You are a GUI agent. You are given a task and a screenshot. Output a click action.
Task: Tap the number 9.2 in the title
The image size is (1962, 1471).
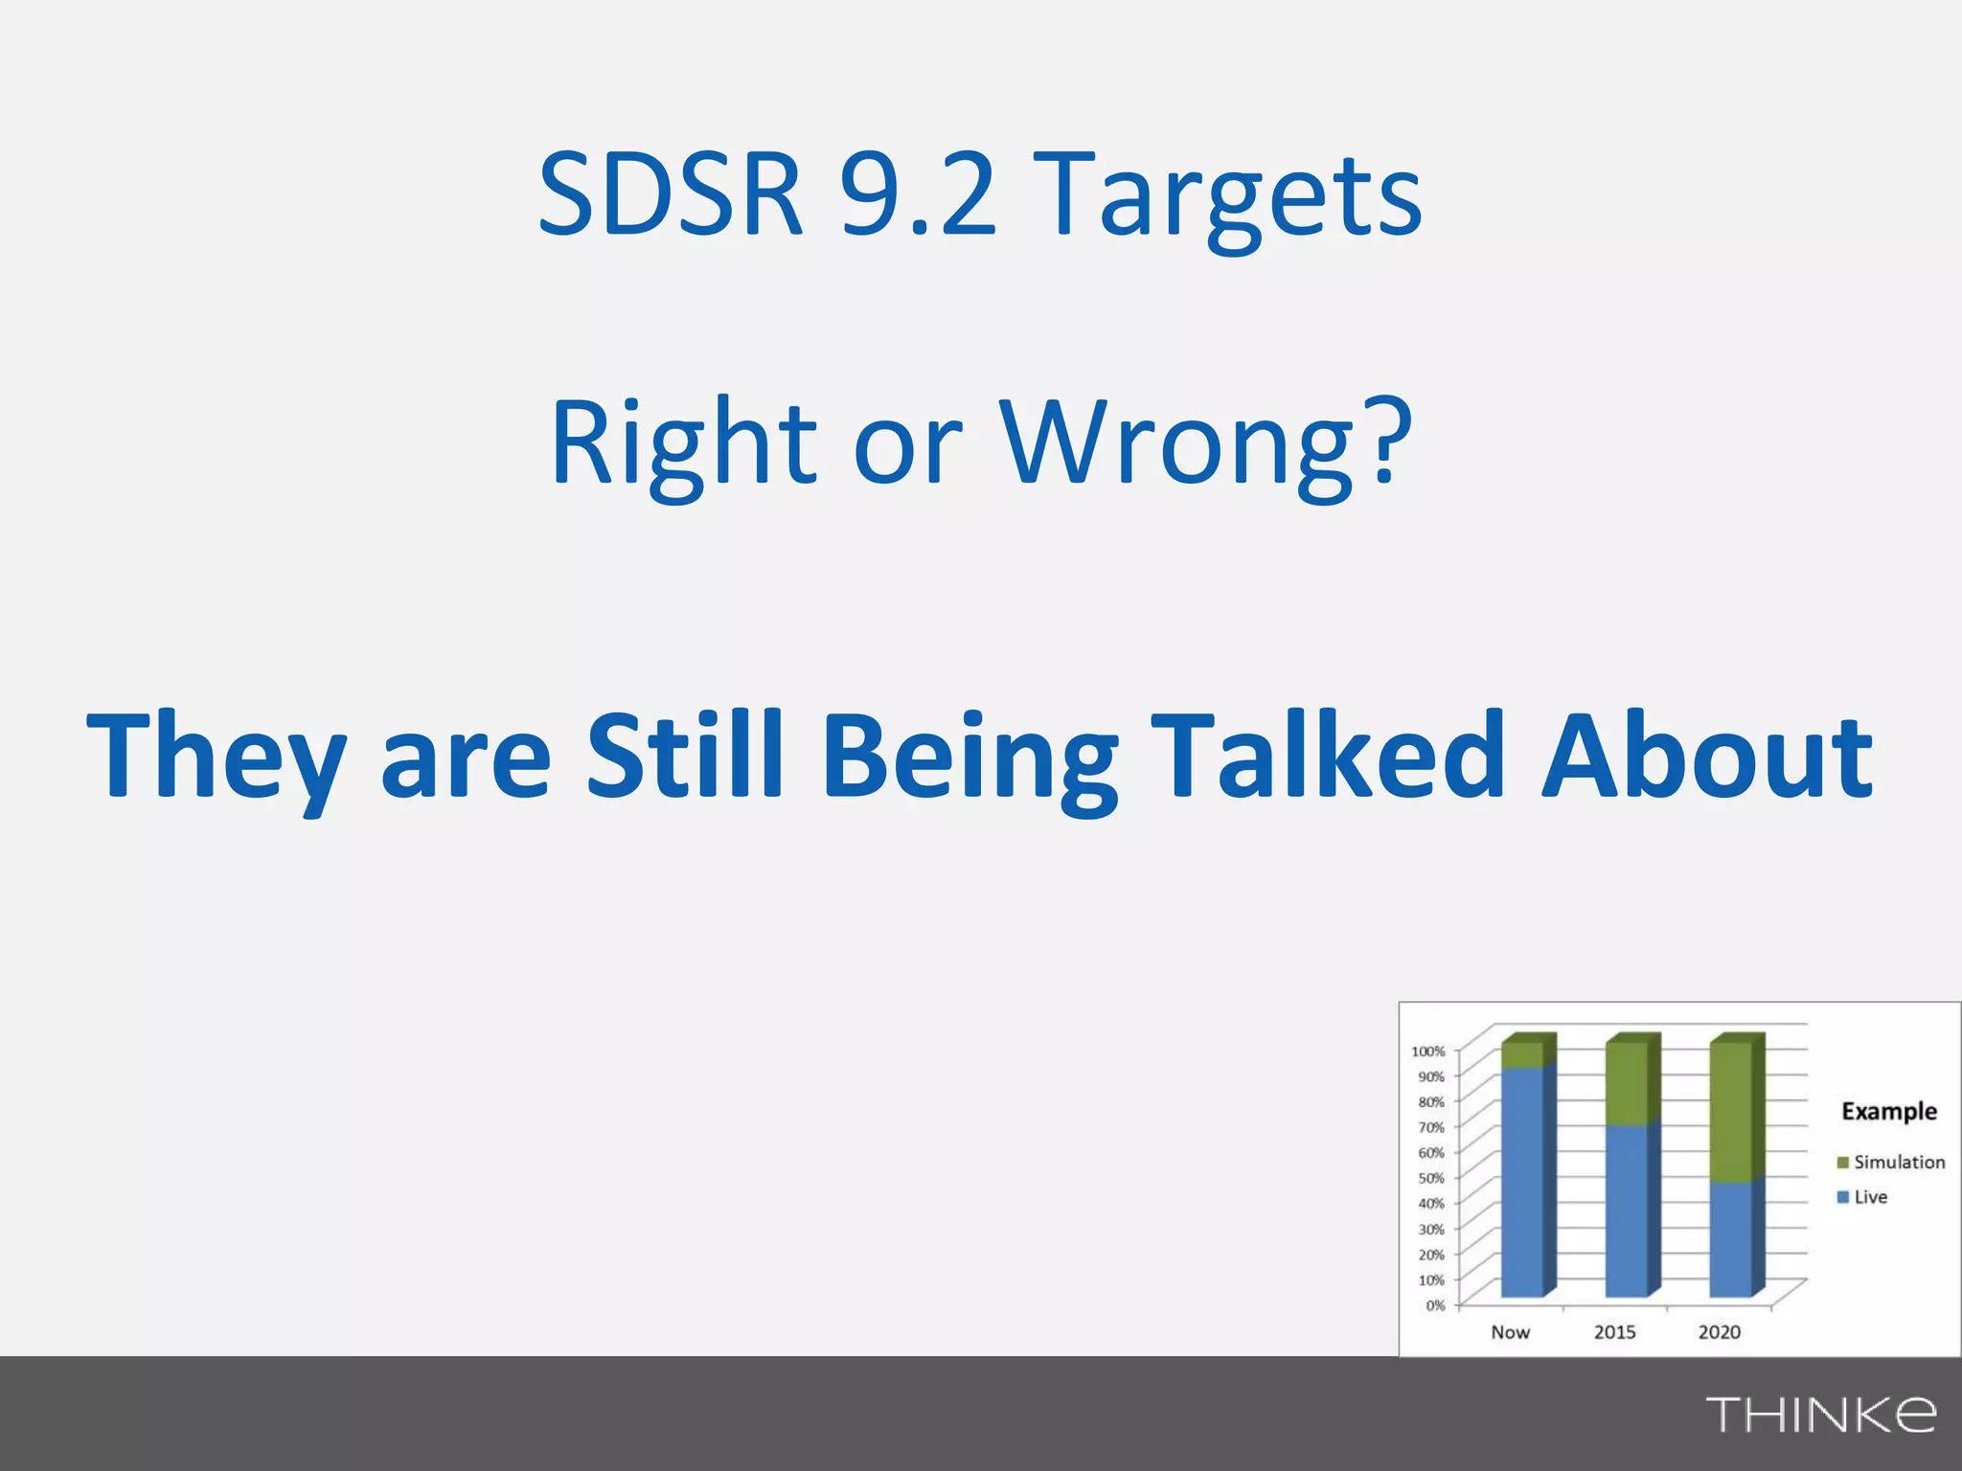tap(917, 196)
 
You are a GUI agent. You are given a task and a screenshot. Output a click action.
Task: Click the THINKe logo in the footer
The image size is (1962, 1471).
tap(1820, 1414)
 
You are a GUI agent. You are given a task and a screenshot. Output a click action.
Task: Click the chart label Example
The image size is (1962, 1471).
tap(1888, 1111)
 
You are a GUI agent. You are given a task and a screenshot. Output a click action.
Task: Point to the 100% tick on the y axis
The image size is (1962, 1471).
tap(1427, 1052)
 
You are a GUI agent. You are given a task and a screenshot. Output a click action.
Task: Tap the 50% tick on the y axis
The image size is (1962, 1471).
tap(1430, 1178)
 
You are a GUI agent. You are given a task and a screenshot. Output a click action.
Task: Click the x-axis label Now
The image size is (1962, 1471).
tap(1510, 1332)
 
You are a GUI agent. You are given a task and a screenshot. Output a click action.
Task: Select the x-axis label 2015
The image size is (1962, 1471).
tap(1614, 1332)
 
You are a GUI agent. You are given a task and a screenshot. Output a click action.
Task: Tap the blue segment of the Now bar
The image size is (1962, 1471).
tap(1522, 1183)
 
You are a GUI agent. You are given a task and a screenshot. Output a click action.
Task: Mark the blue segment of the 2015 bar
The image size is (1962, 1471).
tap(1626, 1211)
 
